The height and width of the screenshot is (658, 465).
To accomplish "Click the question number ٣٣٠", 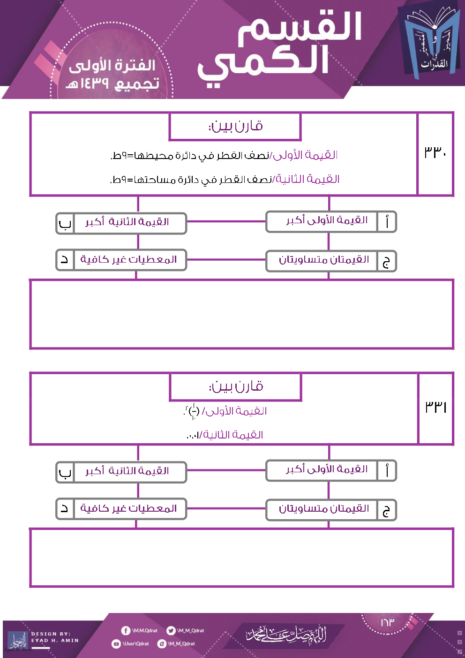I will [435, 152].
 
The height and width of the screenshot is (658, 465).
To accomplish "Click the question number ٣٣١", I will [435, 407].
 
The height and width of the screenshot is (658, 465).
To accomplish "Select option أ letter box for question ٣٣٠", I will [387, 222].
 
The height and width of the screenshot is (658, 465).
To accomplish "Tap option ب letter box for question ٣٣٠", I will [65, 224].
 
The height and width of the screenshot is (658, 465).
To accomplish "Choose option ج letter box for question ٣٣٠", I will [386, 262].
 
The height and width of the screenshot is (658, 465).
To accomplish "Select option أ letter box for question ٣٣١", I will [387, 471].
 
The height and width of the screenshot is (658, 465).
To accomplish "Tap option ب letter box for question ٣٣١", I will [65, 473].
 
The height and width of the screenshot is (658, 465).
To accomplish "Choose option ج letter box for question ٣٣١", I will [386, 511].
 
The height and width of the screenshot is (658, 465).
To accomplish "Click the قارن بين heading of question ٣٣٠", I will [235, 126].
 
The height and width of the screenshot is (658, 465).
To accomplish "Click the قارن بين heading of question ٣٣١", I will [236, 387].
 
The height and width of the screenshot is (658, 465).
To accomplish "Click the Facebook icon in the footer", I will [126, 631].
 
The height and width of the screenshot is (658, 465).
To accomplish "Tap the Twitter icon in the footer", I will [171, 631].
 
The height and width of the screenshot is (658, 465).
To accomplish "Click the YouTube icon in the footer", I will [116, 644].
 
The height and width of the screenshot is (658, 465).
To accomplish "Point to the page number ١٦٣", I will [387, 622].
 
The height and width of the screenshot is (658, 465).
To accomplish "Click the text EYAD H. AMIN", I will [55, 641].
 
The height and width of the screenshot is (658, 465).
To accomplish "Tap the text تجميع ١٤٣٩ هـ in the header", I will [112, 83].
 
